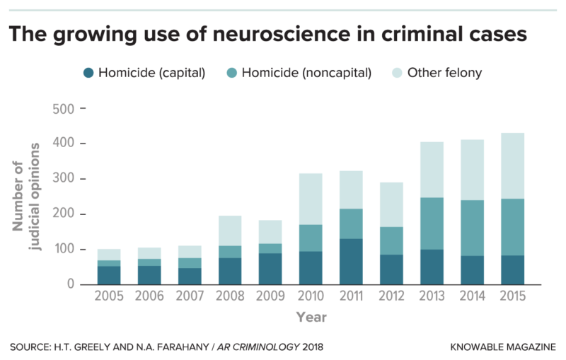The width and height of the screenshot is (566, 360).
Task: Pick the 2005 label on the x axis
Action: coord(109,297)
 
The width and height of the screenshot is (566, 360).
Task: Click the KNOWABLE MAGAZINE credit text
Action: coord(502,347)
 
